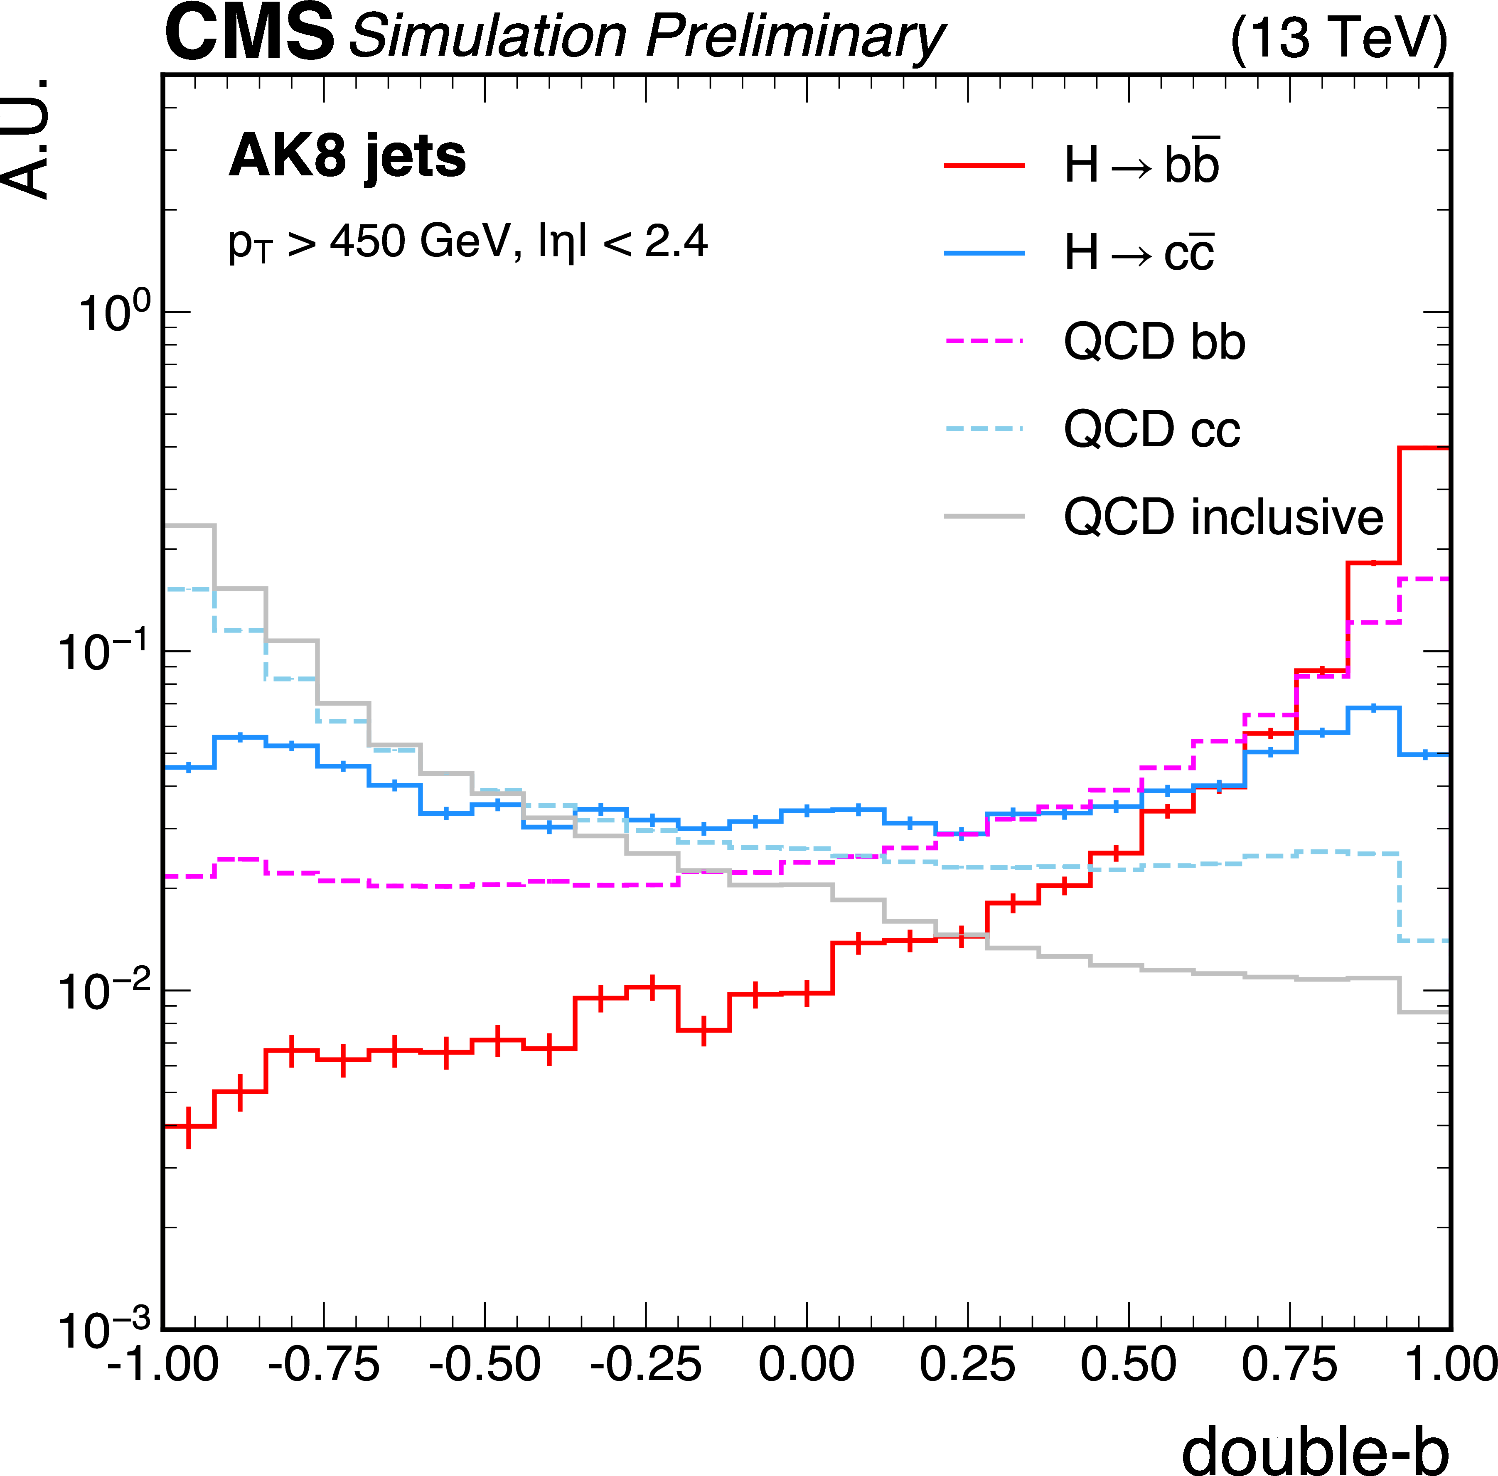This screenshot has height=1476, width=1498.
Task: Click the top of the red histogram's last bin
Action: (x=1424, y=448)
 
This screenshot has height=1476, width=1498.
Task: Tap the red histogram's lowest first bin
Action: (x=190, y=1126)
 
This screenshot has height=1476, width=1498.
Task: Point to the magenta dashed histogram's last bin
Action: (x=1424, y=579)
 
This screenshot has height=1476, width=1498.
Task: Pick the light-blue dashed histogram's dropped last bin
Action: (x=1424, y=941)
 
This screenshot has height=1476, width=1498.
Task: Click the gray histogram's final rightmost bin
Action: (x=1424, y=1012)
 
